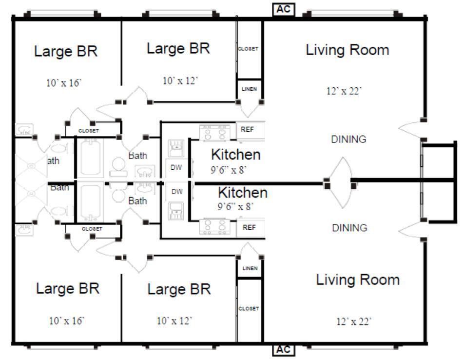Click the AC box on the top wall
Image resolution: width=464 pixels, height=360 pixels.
pos(284,9)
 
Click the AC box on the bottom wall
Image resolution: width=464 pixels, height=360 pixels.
pos(284,349)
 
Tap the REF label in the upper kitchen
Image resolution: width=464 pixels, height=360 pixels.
pos(248,129)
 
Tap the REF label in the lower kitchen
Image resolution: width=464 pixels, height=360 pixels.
pos(249,227)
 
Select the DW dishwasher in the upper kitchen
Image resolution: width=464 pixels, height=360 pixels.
pos(176,168)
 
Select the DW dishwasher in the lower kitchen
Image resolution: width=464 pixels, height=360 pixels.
pos(177,192)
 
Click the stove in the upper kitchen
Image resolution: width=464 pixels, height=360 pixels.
pos(215,132)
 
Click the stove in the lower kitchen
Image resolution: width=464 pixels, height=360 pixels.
pos(215,226)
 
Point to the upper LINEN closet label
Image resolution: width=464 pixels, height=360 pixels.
pos(249,89)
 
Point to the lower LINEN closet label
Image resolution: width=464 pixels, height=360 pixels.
pos(250,268)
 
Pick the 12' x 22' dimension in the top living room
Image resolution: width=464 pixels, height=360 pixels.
pos(344,91)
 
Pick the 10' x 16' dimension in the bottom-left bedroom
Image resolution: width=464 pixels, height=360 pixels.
pos(67,320)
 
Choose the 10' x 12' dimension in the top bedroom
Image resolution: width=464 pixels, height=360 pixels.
pos(180,80)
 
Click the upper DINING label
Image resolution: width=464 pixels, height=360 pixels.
pos(348,139)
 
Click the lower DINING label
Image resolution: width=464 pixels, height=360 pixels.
pos(349,228)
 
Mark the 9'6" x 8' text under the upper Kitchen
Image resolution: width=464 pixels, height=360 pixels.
pos(229,170)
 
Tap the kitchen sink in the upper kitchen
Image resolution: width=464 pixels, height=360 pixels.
pos(176,148)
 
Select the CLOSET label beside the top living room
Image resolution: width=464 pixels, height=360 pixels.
pos(248,49)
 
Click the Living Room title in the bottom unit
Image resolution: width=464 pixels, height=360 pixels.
pos(358,280)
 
